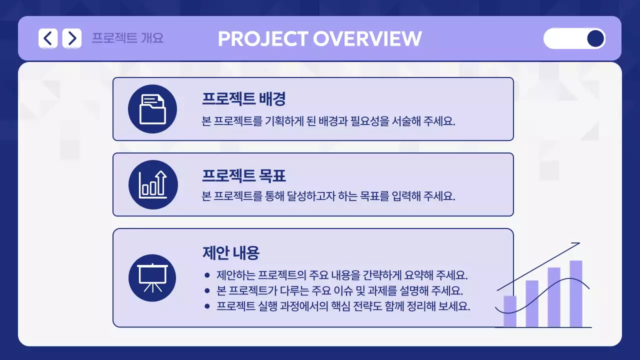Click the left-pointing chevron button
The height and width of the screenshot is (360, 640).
48,38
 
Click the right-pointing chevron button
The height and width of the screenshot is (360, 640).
72,38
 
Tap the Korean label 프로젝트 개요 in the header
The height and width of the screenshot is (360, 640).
127,38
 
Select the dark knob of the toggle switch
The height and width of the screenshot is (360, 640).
595,38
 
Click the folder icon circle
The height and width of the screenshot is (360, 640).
152,109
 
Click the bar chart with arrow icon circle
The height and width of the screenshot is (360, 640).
152,184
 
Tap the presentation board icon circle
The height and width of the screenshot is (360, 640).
152,278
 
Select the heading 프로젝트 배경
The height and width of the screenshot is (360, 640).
243,99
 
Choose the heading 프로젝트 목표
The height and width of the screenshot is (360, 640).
243,175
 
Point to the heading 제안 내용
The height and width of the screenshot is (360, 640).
230,253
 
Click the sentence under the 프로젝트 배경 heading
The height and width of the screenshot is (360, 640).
328,121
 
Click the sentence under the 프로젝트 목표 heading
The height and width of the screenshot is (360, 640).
328,196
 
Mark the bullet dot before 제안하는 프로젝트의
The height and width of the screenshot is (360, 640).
207,275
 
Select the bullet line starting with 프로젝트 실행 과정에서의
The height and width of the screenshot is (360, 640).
343,306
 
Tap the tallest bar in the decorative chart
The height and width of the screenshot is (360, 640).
575,293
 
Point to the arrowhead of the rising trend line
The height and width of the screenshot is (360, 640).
577,244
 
